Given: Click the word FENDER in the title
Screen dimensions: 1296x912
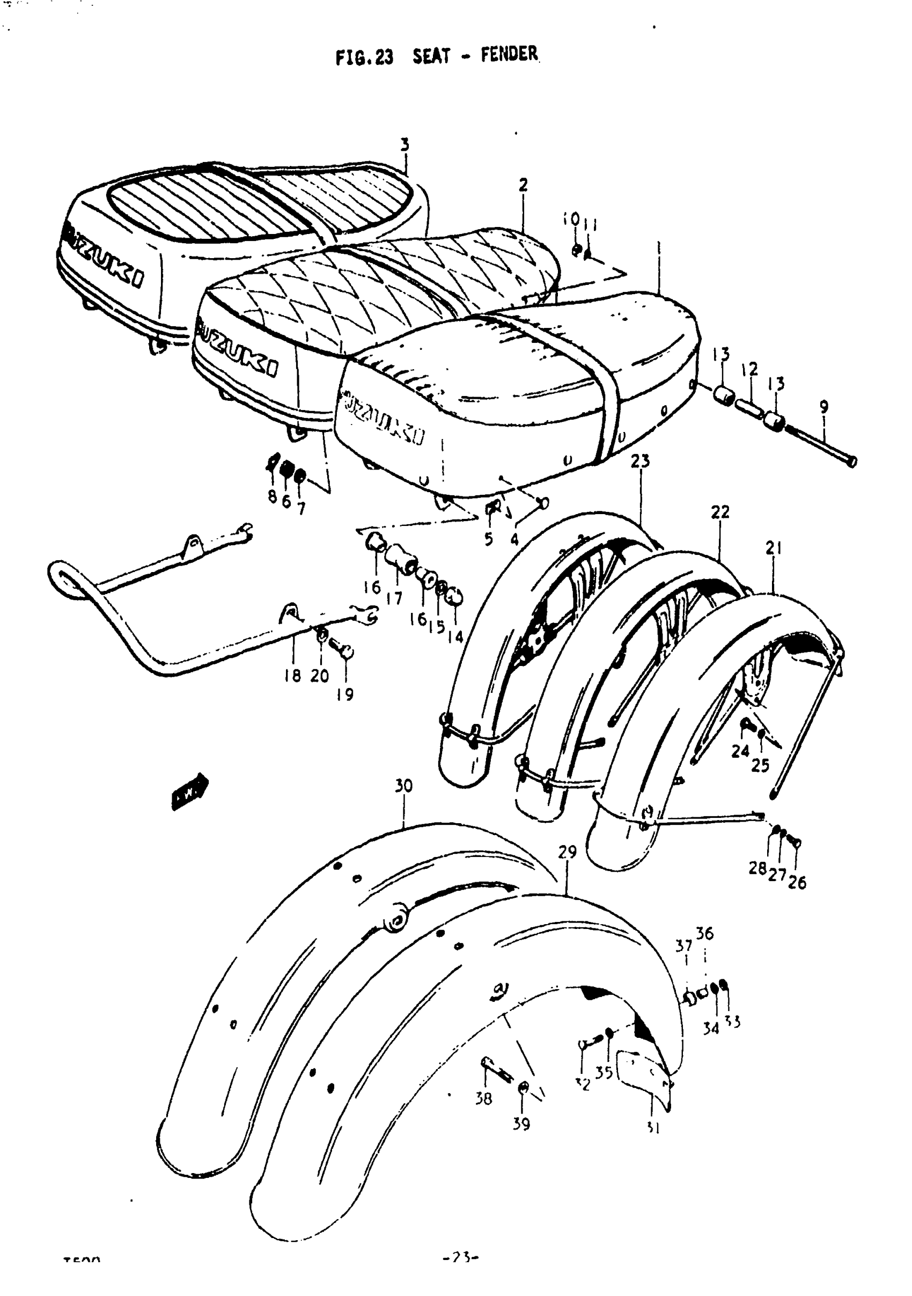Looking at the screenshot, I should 509,55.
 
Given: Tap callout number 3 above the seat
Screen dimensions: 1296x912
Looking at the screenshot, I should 404,145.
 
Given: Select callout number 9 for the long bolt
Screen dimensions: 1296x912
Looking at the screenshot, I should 824,406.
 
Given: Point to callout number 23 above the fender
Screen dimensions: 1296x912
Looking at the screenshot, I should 640,461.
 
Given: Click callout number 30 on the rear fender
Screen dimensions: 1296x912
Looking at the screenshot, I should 403,786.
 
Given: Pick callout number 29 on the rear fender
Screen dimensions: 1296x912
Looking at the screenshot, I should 567,852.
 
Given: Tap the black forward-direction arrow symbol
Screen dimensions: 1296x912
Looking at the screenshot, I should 189,792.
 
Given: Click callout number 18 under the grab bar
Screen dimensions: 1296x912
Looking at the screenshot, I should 292,676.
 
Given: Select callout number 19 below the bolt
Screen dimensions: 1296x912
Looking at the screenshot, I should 345,694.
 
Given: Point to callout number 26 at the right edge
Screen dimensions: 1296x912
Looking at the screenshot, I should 797,882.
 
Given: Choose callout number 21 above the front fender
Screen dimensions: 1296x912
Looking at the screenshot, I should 773,547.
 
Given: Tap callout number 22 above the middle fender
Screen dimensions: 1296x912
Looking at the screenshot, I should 720,512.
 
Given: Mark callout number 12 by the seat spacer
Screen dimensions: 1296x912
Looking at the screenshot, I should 749,370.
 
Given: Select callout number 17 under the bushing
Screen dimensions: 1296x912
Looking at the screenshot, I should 394,598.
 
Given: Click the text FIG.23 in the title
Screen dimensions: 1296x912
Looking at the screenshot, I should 364,57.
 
